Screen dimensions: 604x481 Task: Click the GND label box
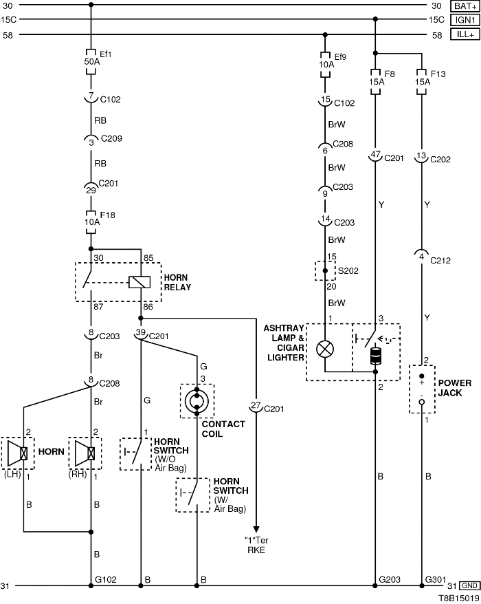[x=469, y=585]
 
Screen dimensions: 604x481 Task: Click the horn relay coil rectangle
[x=140, y=281]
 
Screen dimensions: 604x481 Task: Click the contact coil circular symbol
[x=197, y=400]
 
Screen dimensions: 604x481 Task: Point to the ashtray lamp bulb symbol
[x=325, y=349]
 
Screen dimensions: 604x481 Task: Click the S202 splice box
[x=325, y=271]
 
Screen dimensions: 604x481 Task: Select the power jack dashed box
[x=422, y=389]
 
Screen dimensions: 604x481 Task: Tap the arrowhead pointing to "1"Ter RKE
[x=256, y=526]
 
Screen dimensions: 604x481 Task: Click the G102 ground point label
[x=108, y=580]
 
